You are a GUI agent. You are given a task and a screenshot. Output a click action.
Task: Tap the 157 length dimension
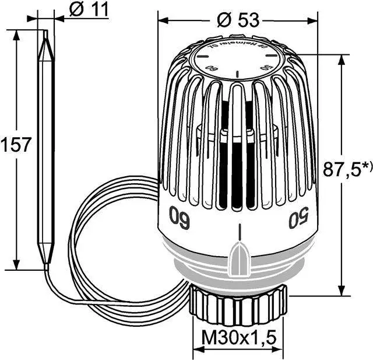click(16, 145)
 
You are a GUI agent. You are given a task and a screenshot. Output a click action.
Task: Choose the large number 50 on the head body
click(298, 220)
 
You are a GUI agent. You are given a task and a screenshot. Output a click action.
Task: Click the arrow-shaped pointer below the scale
click(240, 254)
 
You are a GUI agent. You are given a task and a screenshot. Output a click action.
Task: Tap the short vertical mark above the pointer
click(239, 231)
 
